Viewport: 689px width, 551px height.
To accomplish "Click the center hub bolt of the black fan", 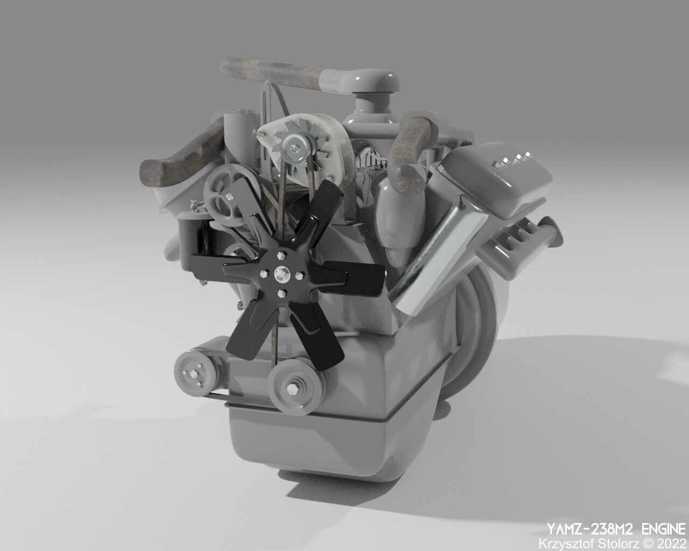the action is coord(281,274).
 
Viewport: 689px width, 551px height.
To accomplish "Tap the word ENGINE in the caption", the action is coord(664,529).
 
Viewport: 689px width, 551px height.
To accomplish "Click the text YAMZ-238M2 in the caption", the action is coord(590,529).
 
